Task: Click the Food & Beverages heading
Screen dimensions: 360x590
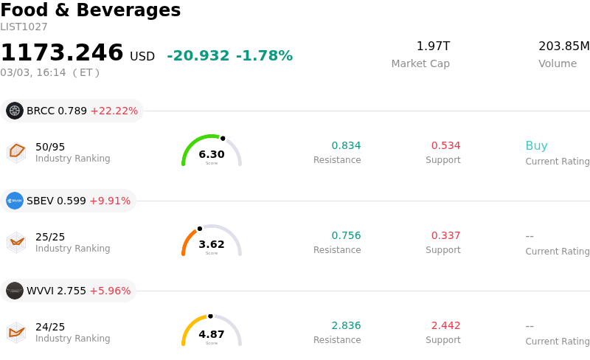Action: click(90, 10)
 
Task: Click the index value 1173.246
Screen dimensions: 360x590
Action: click(62, 53)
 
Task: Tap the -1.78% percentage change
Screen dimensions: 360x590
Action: click(264, 56)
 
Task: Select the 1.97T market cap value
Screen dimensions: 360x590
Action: click(433, 46)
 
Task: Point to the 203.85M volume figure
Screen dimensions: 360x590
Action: click(563, 46)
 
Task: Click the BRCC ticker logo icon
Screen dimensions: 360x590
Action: click(15, 111)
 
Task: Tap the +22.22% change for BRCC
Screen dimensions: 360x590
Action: click(114, 111)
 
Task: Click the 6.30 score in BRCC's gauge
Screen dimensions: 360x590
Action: click(212, 154)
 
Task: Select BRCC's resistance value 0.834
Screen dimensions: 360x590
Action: click(346, 145)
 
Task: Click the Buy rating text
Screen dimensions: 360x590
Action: click(536, 145)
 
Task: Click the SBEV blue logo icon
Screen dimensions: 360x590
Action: click(15, 201)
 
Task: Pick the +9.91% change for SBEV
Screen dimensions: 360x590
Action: click(110, 201)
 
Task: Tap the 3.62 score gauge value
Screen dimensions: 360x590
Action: click(212, 244)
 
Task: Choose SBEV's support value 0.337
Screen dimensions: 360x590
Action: click(445, 235)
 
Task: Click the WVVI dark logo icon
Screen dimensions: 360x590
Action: click(15, 291)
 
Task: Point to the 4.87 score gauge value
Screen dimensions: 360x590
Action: click(212, 334)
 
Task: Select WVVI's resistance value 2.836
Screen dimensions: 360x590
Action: click(346, 325)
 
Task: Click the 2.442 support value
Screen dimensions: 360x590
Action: click(445, 325)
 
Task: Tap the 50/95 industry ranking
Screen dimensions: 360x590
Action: click(50, 147)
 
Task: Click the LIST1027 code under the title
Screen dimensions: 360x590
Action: click(24, 27)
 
